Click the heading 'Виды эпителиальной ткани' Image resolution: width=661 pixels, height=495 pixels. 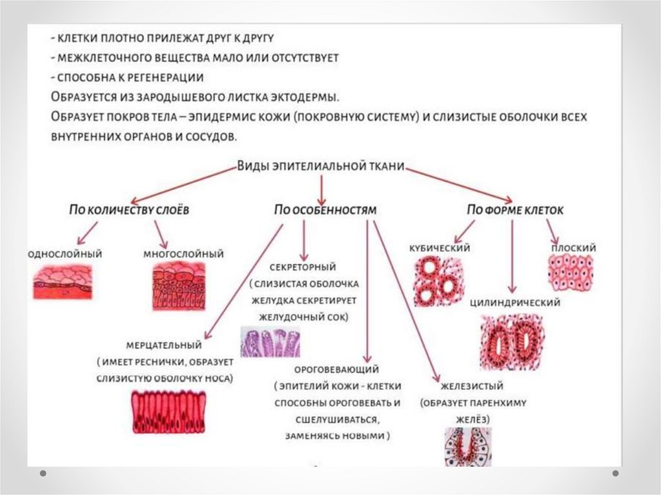pyautogui.click(x=321, y=166)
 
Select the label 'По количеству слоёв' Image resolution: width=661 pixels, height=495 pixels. pyautogui.click(x=130, y=210)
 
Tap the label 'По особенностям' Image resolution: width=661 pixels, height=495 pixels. pyautogui.click(x=325, y=210)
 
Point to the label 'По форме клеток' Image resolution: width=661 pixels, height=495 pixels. pyautogui.click(x=515, y=210)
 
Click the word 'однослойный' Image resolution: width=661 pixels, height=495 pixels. pyautogui.click(x=65, y=254)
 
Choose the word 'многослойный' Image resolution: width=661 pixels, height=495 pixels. pyautogui.click(x=183, y=254)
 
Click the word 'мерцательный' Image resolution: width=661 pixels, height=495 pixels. pyautogui.click(x=164, y=345)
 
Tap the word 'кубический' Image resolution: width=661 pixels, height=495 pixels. pyautogui.click(x=439, y=248)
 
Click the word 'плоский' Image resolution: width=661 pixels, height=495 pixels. pyautogui.click(x=573, y=248)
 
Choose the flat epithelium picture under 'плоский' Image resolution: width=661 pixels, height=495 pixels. pyautogui.click(x=571, y=272)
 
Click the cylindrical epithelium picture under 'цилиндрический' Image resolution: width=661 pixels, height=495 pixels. pyautogui.click(x=511, y=341)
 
